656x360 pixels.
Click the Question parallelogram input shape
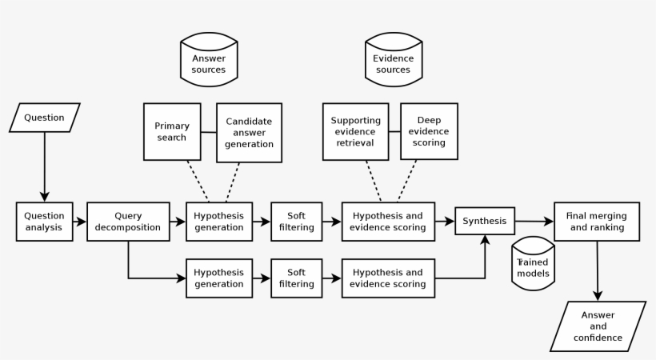pyautogui.click(x=44, y=118)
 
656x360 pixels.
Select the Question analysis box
pyautogui.click(x=44, y=221)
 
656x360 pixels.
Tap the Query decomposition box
pyautogui.click(x=128, y=221)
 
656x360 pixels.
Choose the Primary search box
pyautogui.click(x=171, y=131)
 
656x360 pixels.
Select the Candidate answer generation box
pyautogui.click(x=249, y=132)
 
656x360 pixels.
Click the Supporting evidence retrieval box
pyautogui.click(x=355, y=131)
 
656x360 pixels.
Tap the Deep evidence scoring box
pyautogui.click(x=429, y=131)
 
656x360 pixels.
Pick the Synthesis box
pyautogui.click(x=484, y=221)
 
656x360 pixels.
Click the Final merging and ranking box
pyautogui.click(x=596, y=221)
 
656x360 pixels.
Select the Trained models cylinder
pyautogui.click(x=533, y=262)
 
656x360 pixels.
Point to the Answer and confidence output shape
pyautogui.click(x=598, y=326)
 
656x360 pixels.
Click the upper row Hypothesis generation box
pyautogui.click(x=218, y=221)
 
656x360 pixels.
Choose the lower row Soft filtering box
pyautogui.click(x=297, y=278)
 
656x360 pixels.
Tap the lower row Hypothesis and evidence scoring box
pyautogui.click(x=387, y=278)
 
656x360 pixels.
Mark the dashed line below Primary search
pyautogui.click(x=198, y=181)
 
